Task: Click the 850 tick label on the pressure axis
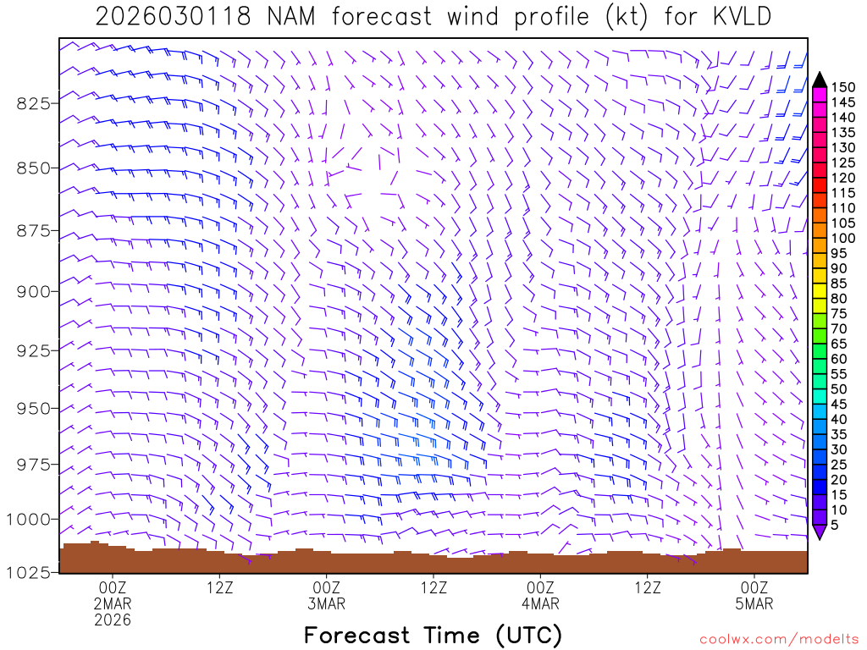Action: (x=35, y=168)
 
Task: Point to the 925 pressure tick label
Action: (x=35, y=350)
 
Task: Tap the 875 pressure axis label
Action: (x=35, y=231)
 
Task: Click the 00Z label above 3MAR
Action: (x=327, y=587)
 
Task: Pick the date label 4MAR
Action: (x=540, y=603)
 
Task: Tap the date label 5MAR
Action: (x=754, y=603)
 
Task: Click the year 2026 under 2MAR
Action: (x=113, y=620)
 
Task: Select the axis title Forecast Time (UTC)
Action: (x=433, y=635)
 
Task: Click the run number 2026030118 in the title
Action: (x=173, y=17)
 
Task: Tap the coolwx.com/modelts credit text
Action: (x=778, y=639)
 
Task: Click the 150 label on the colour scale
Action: (x=842, y=87)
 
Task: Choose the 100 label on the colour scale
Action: (x=842, y=239)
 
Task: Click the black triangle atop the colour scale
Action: (x=819, y=80)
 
